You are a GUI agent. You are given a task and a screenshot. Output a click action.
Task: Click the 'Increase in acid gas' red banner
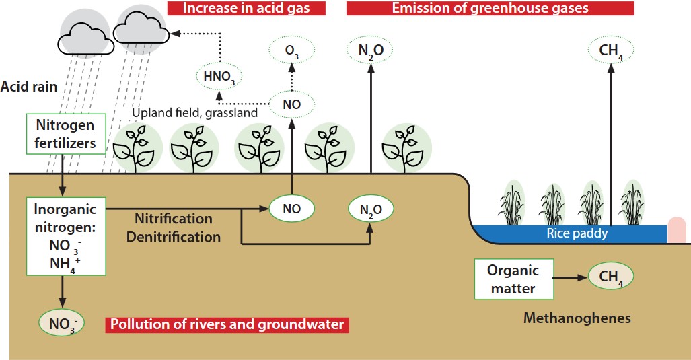click(246, 8)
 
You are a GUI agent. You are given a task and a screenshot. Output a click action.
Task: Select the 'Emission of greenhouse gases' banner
click(490, 8)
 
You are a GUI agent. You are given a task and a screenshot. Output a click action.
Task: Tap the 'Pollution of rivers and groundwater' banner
click(227, 325)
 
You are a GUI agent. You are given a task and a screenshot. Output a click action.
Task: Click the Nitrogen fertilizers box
click(65, 134)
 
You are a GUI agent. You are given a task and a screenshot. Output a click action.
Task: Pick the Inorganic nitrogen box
click(65, 236)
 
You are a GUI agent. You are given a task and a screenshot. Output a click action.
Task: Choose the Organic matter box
click(513, 279)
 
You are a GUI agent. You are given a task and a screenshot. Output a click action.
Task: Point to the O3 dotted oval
click(292, 50)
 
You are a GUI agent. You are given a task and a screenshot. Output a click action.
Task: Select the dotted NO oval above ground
click(292, 104)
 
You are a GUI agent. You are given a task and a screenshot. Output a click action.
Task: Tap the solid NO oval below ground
click(291, 209)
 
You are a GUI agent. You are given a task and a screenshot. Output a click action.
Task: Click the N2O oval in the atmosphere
click(370, 50)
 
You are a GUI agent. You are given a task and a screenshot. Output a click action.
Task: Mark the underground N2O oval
click(370, 209)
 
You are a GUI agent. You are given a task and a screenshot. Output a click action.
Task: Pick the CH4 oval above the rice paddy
click(610, 50)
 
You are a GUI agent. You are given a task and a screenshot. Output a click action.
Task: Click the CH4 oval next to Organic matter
click(610, 276)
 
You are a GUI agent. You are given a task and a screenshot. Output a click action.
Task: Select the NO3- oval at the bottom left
click(62, 323)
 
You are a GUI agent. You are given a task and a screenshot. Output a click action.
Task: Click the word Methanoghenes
click(577, 318)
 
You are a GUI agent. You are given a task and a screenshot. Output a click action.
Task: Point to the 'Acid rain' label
click(29, 87)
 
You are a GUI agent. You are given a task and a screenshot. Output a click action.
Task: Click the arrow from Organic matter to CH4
click(570, 277)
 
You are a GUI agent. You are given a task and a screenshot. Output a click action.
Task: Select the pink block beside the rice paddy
click(677, 229)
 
